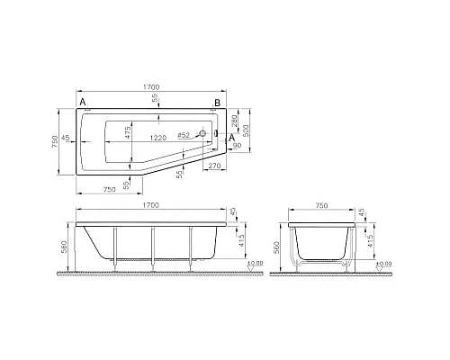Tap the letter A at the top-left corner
tap(83, 104)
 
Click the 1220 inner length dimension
tap(157, 136)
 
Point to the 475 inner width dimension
tap(128, 134)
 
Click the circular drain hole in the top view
tap(202, 134)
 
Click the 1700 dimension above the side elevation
tap(153, 206)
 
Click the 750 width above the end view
tap(321, 206)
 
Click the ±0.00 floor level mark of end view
tap(384, 264)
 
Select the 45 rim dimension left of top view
tap(67, 139)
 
